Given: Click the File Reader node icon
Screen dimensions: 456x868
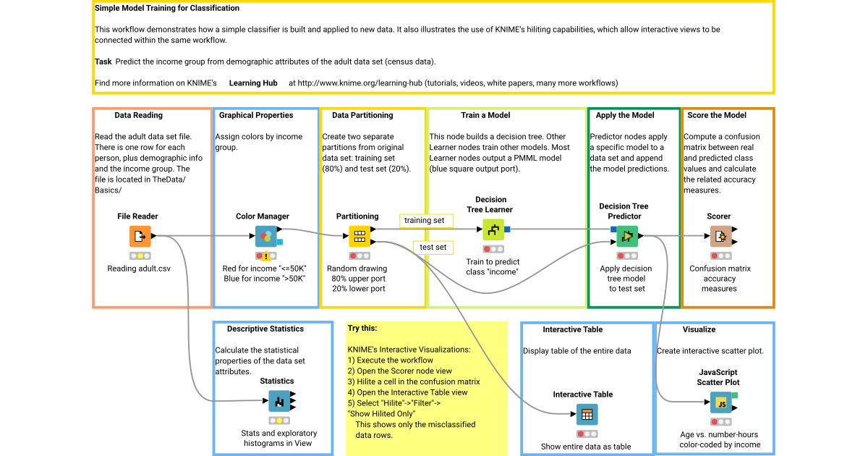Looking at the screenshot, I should (140, 236).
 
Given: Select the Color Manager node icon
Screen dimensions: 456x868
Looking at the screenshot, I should (265, 236).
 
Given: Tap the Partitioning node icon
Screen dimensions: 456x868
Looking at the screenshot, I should (359, 236).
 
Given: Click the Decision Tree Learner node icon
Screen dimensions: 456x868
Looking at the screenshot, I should (493, 230).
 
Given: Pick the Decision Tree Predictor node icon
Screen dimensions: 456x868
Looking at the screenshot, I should (627, 236).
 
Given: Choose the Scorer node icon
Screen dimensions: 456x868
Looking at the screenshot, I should (719, 236).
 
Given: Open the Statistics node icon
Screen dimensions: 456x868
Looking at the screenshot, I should (279, 401).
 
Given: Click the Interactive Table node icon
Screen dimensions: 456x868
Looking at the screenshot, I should (587, 415).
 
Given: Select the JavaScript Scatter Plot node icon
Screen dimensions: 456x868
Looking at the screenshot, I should (720, 402).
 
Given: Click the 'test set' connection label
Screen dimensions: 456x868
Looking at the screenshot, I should (433, 248).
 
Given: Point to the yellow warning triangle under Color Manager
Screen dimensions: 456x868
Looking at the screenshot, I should (266, 256).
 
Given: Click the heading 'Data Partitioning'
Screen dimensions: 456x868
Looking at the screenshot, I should (362, 115).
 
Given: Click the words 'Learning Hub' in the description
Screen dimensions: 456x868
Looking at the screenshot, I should (253, 83).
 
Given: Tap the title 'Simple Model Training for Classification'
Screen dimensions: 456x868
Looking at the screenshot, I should (167, 9).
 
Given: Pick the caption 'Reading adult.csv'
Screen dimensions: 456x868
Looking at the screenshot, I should (140, 269).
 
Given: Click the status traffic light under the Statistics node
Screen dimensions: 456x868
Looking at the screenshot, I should (279, 420).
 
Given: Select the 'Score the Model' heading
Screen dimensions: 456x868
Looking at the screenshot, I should (717, 115).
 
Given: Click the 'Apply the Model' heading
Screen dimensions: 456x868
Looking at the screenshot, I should (625, 115).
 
